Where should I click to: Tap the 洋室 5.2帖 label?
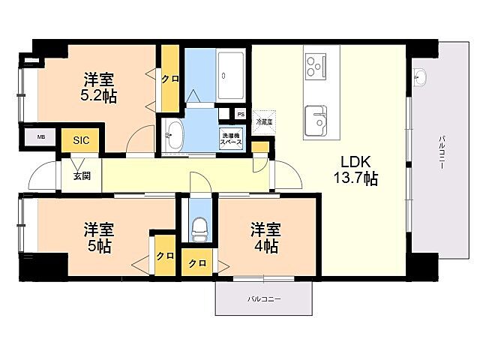(98, 87)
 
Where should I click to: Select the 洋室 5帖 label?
(97, 237)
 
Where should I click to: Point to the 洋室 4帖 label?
(265, 237)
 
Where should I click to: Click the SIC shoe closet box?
(80, 140)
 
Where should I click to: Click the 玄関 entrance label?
(82, 176)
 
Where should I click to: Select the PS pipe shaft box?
(240, 114)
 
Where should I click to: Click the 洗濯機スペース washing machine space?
(231, 139)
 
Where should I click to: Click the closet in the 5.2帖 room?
(170, 79)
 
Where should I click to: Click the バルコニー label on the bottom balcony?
(264, 299)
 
